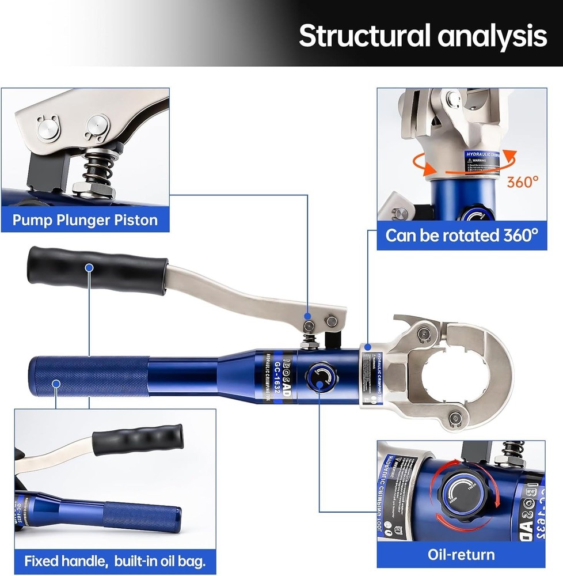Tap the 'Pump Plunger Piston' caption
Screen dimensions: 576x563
click(85, 219)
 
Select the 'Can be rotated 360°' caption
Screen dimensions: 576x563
click(462, 236)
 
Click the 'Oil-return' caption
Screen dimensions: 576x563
click(461, 555)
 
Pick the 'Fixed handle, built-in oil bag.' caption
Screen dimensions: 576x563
click(115, 560)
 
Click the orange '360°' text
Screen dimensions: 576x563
click(523, 182)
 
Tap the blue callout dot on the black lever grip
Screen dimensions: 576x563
click(89, 267)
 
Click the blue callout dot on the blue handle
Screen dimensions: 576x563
click(56, 383)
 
